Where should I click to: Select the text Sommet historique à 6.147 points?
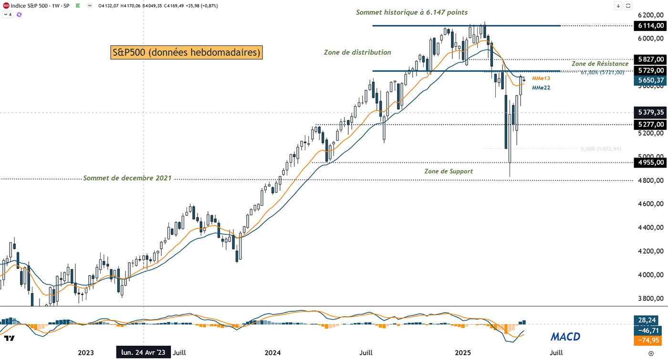click(x=412, y=12)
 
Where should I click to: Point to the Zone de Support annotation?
click(x=449, y=171)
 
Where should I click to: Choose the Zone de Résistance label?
click(x=600, y=64)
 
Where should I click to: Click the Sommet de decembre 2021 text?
click(x=127, y=178)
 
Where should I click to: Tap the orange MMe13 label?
click(x=541, y=78)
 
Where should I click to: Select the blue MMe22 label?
click(x=541, y=87)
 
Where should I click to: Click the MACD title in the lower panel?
click(x=565, y=337)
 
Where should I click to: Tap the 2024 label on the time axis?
click(x=272, y=352)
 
